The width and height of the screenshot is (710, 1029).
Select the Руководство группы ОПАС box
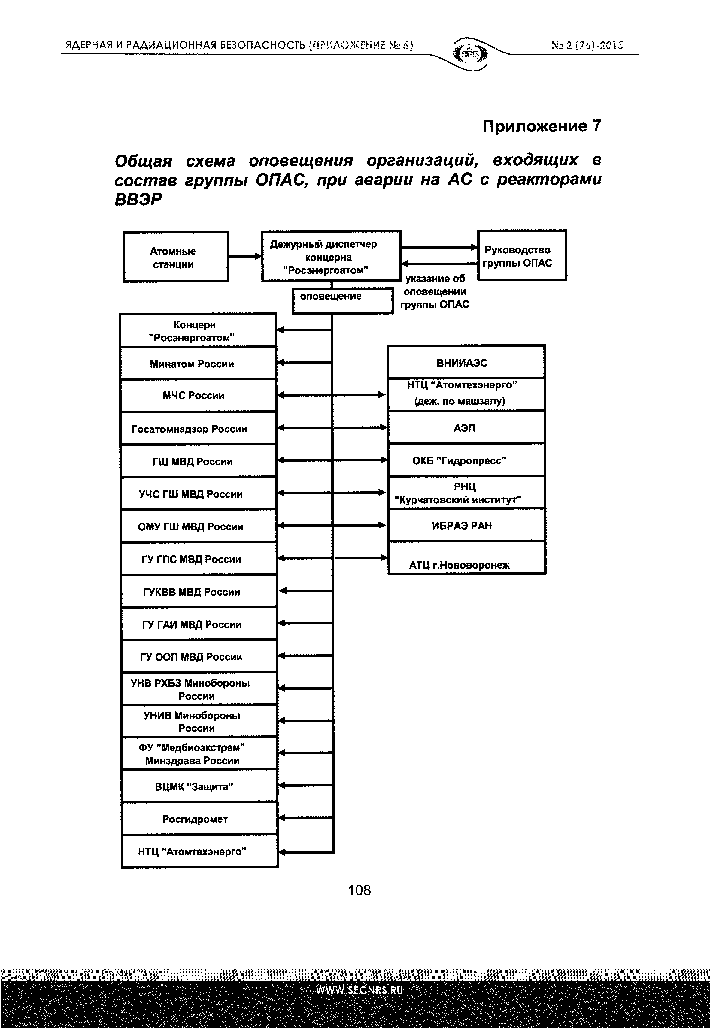(x=521, y=255)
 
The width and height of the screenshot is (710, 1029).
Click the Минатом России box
(x=198, y=363)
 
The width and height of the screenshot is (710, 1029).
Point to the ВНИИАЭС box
(x=466, y=362)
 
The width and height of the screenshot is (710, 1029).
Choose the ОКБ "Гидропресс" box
(x=466, y=460)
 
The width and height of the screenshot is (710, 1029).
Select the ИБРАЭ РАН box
(x=466, y=525)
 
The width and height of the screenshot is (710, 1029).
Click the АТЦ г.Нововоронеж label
(x=459, y=565)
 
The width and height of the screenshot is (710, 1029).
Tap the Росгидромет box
(x=199, y=819)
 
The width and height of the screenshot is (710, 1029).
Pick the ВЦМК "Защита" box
(x=199, y=786)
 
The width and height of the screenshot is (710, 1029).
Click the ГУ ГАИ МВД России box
(x=199, y=624)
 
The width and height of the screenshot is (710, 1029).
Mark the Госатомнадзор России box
(x=198, y=428)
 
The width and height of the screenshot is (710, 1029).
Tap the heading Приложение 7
(x=542, y=126)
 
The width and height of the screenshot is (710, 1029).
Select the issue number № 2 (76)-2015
(x=587, y=45)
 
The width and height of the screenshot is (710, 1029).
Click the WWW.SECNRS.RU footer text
(x=359, y=990)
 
